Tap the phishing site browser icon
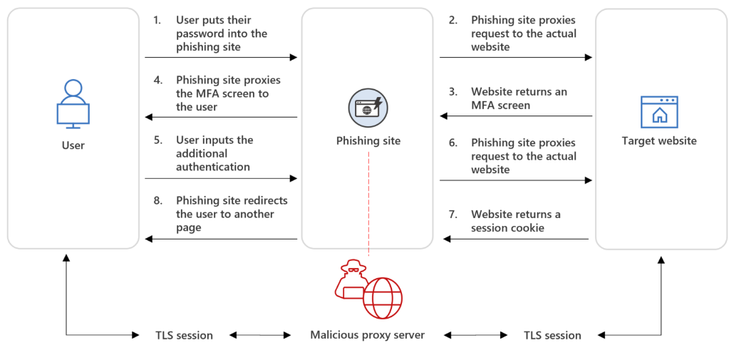(x=368, y=108)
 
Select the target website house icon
(x=659, y=112)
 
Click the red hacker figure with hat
(x=351, y=279)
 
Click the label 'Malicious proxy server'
(x=367, y=334)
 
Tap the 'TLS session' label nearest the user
(x=184, y=335)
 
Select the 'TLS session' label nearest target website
(x=552, y=335)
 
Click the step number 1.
(x=157, y=20)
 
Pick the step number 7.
(x=453, y=215)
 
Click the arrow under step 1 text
(x=221, y=57)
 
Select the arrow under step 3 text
(x=516, y=117)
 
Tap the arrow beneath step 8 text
(x=221, y=240)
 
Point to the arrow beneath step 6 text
(x=516, y=180)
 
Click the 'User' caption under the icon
(x=73, y=145)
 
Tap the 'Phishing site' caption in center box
(x=368, y=141)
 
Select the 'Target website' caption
(x=659, y=141)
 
